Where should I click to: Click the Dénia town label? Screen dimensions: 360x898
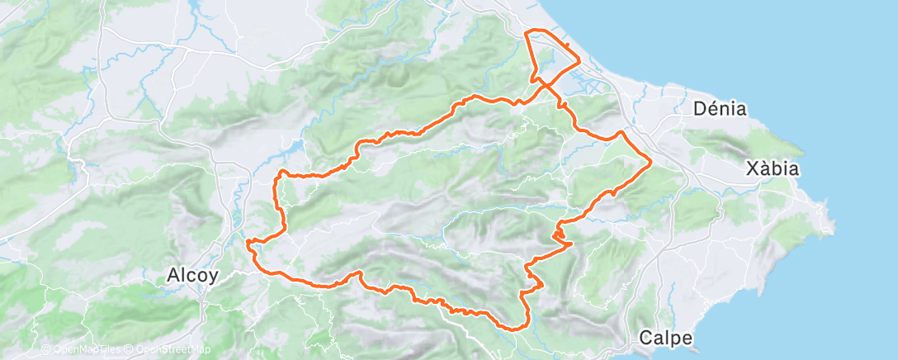click(720, 108)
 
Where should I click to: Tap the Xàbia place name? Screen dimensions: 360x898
click(772, 168)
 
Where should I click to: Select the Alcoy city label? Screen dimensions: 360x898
click(191, 275)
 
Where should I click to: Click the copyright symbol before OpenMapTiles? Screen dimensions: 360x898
click(46, 350)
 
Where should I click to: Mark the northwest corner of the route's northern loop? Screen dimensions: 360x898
click(527, 32)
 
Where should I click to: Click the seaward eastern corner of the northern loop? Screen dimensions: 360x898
click(579, 61)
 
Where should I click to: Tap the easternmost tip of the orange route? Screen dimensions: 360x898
click(651, 160)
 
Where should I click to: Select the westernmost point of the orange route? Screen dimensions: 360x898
click(247, 242)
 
